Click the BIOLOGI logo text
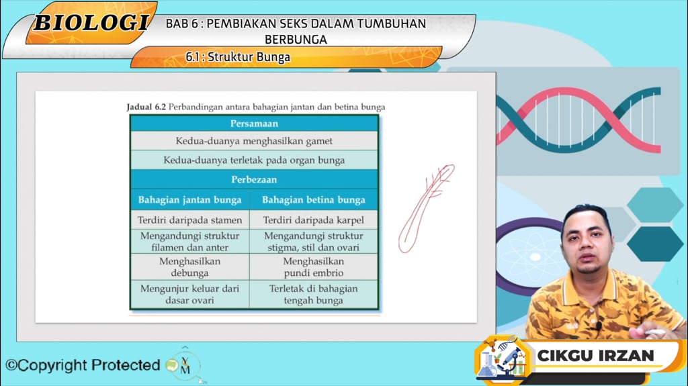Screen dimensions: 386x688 point(91,23)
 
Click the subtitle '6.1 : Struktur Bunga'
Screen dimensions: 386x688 point(238,57)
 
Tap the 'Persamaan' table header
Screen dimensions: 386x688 point(254,124)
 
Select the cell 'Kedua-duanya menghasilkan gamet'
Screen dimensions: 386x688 point(254,141)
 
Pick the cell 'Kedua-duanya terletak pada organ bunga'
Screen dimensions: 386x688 point(254,160)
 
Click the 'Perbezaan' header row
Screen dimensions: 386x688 point(254,180)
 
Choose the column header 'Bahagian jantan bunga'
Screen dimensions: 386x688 point(189,199)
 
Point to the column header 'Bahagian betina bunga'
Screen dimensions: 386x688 point(314,199)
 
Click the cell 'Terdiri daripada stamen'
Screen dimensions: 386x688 point(189,220)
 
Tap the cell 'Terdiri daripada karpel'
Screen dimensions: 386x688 point(314,220)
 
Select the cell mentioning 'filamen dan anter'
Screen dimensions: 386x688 point(189,242)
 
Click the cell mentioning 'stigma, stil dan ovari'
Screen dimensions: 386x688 point(314,242)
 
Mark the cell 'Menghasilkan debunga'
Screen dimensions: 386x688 point(189,267)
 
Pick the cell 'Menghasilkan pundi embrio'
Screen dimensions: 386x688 point(314,267)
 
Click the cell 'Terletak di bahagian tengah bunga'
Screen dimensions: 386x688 point(314,294)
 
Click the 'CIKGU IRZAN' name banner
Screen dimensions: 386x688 point(595,356)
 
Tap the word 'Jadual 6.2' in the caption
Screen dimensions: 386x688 point(146,107)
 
